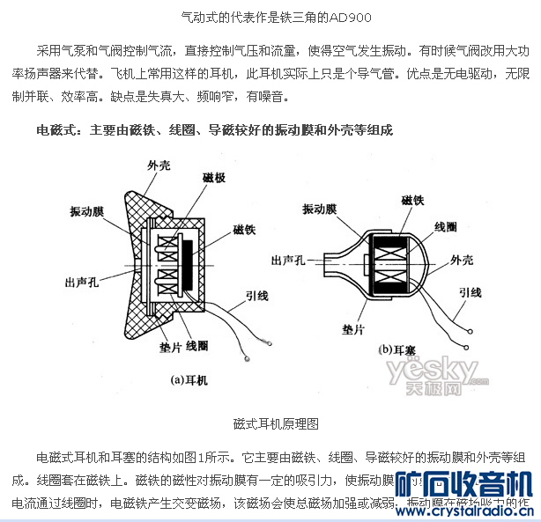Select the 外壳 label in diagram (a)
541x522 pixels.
[x=159, y=164]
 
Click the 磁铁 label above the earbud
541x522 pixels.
[x=413, y=200]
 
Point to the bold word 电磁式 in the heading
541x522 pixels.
[x=56, y=129]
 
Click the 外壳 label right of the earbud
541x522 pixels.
[x=462, y=260]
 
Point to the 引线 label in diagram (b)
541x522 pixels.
[x=470, y=292]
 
